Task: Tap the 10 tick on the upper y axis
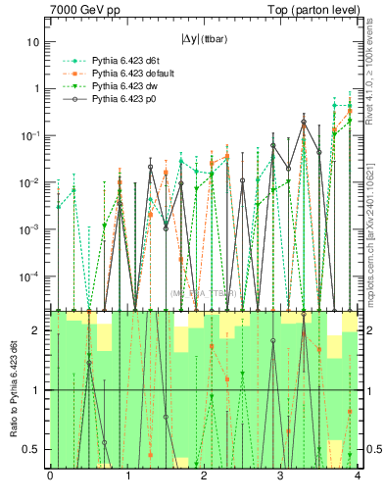[33, 42]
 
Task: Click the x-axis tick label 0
[50, 477]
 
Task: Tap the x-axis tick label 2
[204, 477]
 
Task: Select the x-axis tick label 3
[281, 477]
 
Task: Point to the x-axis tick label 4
[358, 477]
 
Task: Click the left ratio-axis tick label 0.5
[31, 449]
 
